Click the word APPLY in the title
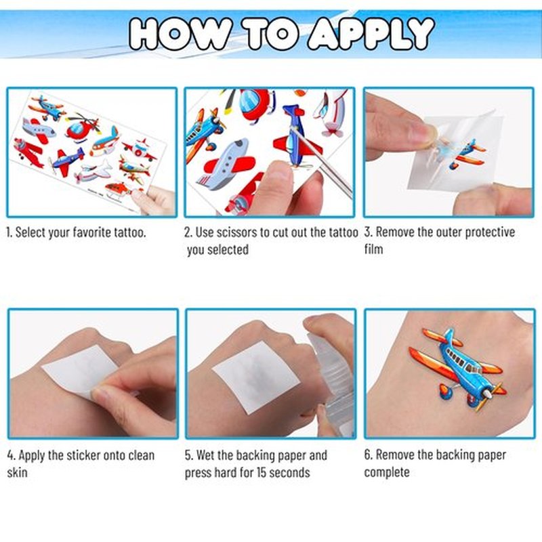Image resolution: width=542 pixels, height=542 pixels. (371, 33)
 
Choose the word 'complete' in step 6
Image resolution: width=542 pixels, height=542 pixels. (387, 472)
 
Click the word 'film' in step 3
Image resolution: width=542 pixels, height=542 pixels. (373, 249)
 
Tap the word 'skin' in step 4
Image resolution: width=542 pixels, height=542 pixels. (17, 472)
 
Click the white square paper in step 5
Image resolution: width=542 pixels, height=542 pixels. (256, 377)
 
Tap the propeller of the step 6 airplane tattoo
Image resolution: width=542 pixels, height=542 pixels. (489, 395)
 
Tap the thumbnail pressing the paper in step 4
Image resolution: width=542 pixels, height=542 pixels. (98, 394)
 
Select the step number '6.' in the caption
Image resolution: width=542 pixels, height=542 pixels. (368, 455)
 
